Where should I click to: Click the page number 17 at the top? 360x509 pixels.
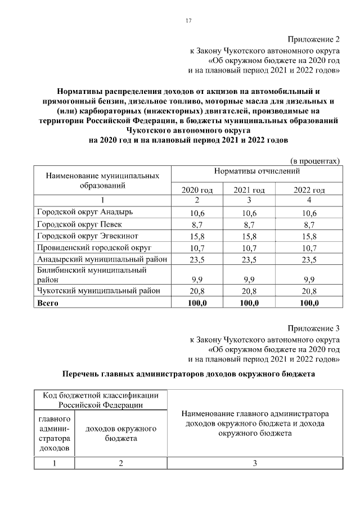click(x=189, y=21)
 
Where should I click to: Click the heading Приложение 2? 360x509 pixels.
click(x=314, y=39)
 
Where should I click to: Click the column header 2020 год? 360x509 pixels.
click(x=197, y=190)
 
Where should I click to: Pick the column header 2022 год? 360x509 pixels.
click(x=309, y=190)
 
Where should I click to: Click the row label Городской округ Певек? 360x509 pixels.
click(x=73, y=224)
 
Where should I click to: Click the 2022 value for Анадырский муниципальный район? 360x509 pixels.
click(x=309, y=260)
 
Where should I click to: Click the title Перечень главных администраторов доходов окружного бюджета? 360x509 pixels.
click(x=188, y=373)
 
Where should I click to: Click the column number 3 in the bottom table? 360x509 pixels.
click(x=255, y=463)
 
